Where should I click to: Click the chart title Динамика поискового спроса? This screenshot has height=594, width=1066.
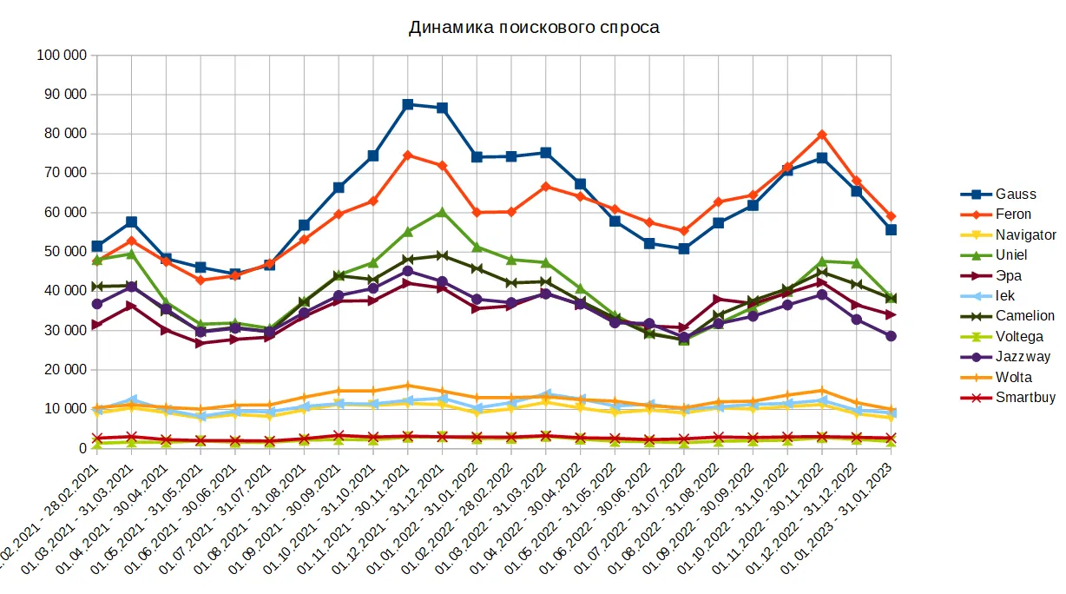[534, 28]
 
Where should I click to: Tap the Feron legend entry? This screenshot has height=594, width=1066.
[1013, 214]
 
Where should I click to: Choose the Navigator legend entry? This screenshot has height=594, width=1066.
[1025, 235]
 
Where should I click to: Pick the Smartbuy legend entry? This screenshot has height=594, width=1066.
[1025, 398]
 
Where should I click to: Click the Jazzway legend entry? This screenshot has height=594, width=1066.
[1023, 357]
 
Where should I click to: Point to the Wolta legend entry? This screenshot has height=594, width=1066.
[1014, 378]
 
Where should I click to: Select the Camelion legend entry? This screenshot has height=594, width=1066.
[1024, 316]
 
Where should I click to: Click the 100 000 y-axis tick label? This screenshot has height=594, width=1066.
[62, 56]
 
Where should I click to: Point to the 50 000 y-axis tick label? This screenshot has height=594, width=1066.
[65, 252]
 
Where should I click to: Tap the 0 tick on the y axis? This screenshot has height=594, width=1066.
[81, 448]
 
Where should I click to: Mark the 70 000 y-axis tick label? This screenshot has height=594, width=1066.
[65, 174]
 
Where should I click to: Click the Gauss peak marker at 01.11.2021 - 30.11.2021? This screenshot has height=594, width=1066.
[408, 104]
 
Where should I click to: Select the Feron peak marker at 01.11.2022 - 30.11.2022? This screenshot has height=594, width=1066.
[822, 135]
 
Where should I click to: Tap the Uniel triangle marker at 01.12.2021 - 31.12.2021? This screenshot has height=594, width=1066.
[442, 212]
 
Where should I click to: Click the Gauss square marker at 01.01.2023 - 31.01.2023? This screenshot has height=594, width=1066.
[891, 230]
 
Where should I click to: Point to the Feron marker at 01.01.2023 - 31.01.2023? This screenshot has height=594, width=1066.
[891, 216]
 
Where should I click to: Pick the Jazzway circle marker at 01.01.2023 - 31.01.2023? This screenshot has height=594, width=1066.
[891, 336]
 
